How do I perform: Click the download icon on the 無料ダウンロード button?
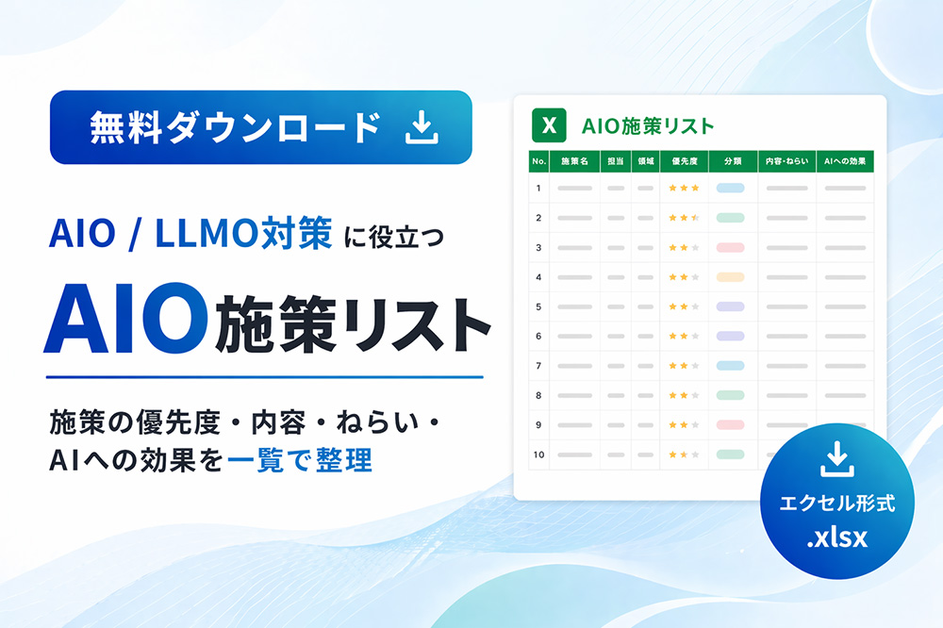pyautogui.click(x=422, y=127)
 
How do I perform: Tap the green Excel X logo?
pyautogui.click(x=548, y=124)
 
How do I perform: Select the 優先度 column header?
pyautogui.click(x=684, y=161)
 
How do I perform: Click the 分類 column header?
pyautogui.click(x=733, y=161)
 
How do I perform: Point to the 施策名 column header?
pyautogui.click(x=574, y=161)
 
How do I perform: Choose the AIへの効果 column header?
pyautogui.click(x=845, y=161)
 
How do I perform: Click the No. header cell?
pyautogui.click(x=538, y=161)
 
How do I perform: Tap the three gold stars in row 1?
pyautogui.click(x=684, y=188)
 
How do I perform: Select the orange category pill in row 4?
pyautogui.click(x=731, y=277)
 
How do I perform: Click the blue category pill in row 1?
pyautogui.click(x=731, y=188)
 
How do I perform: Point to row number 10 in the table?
pyautogui.click(x=538, y=454)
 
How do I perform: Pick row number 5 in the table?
pyautogui.click(x=538, y=306)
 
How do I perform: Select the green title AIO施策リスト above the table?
pyautogui.click(x=648, y=124)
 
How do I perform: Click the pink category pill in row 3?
pyautogui.click(x=731, y=247)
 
